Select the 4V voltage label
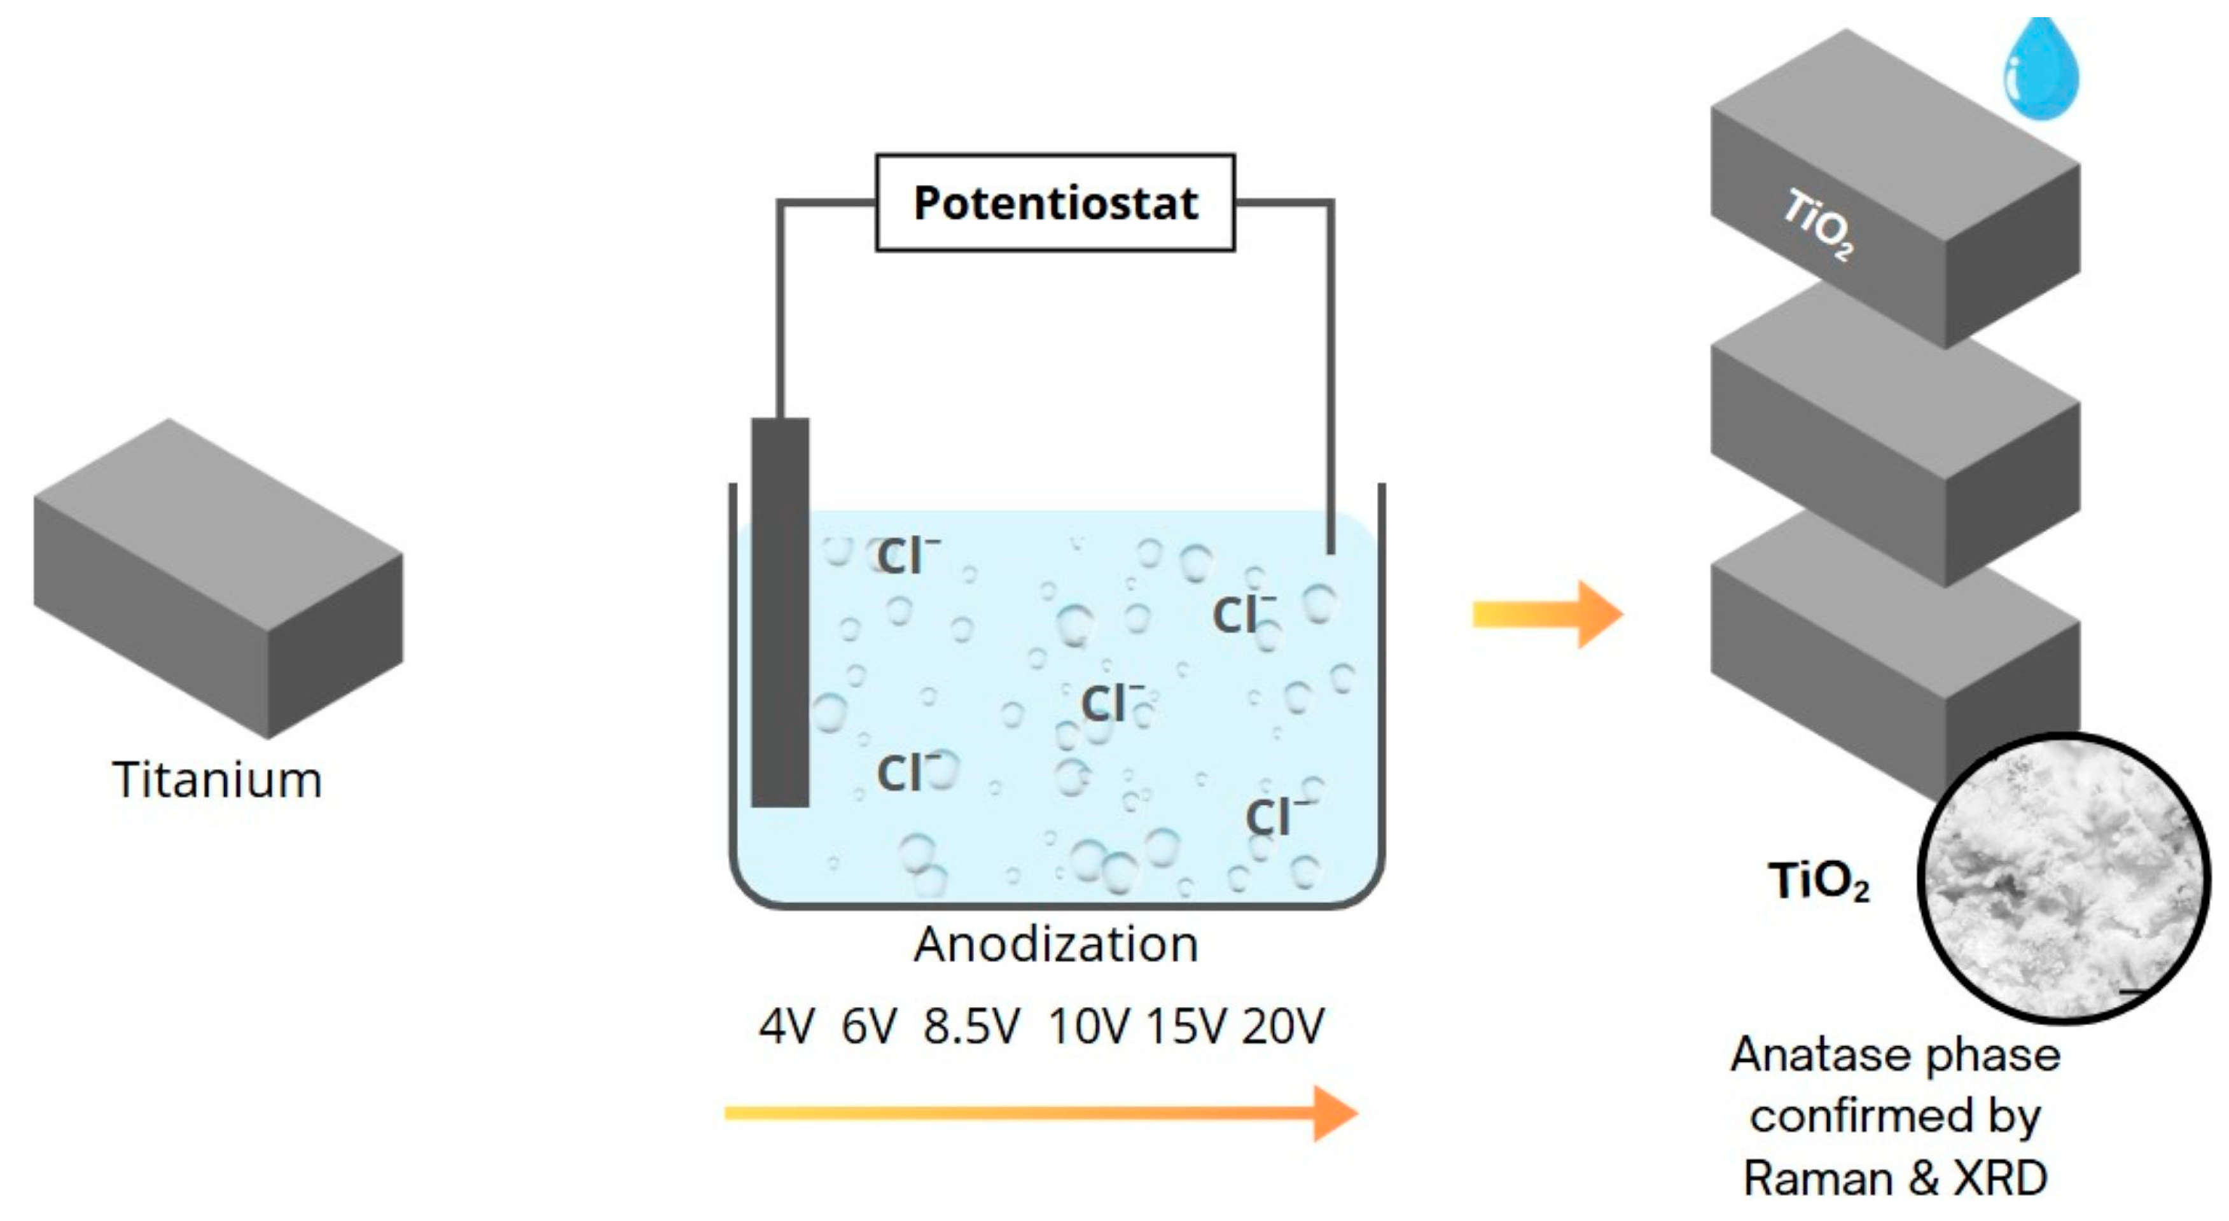[x=786, y=1026]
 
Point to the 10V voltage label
[x=1088, y=1026]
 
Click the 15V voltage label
[x=1186, y=1026]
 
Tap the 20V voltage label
[x=1283, y=1026]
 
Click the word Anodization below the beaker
[x=1056, y=944]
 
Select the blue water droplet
[x=2041, y=74]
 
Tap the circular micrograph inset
[x=2064, y=878]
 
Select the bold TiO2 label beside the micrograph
[x=1818, y=883]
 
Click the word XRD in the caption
[x=1999, y=1178]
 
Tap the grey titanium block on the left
[x=218, y=577]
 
